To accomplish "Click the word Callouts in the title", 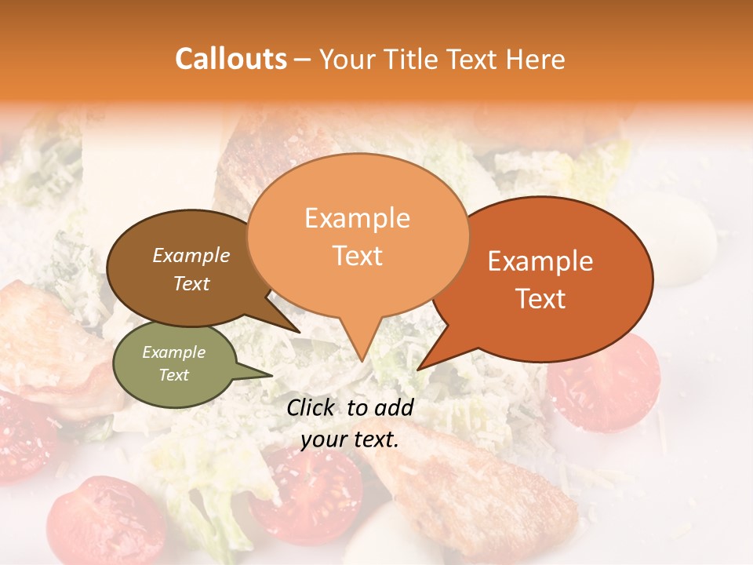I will (x=231, y=59).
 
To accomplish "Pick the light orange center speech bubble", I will (x=358, y=235).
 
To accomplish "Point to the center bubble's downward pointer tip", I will (x=362, y=360).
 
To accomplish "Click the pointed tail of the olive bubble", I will (x=271, y=376).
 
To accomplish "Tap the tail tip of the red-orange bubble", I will (x=419, y=369).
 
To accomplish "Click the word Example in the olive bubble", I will (x=173, y=352).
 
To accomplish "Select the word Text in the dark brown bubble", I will (x=191, y=284).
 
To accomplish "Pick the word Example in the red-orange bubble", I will (x=540, y=261).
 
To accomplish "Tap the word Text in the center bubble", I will (x=358, y=256).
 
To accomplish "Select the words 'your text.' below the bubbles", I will (x=350, y=440).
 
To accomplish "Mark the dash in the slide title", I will (x=303, y=60).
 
